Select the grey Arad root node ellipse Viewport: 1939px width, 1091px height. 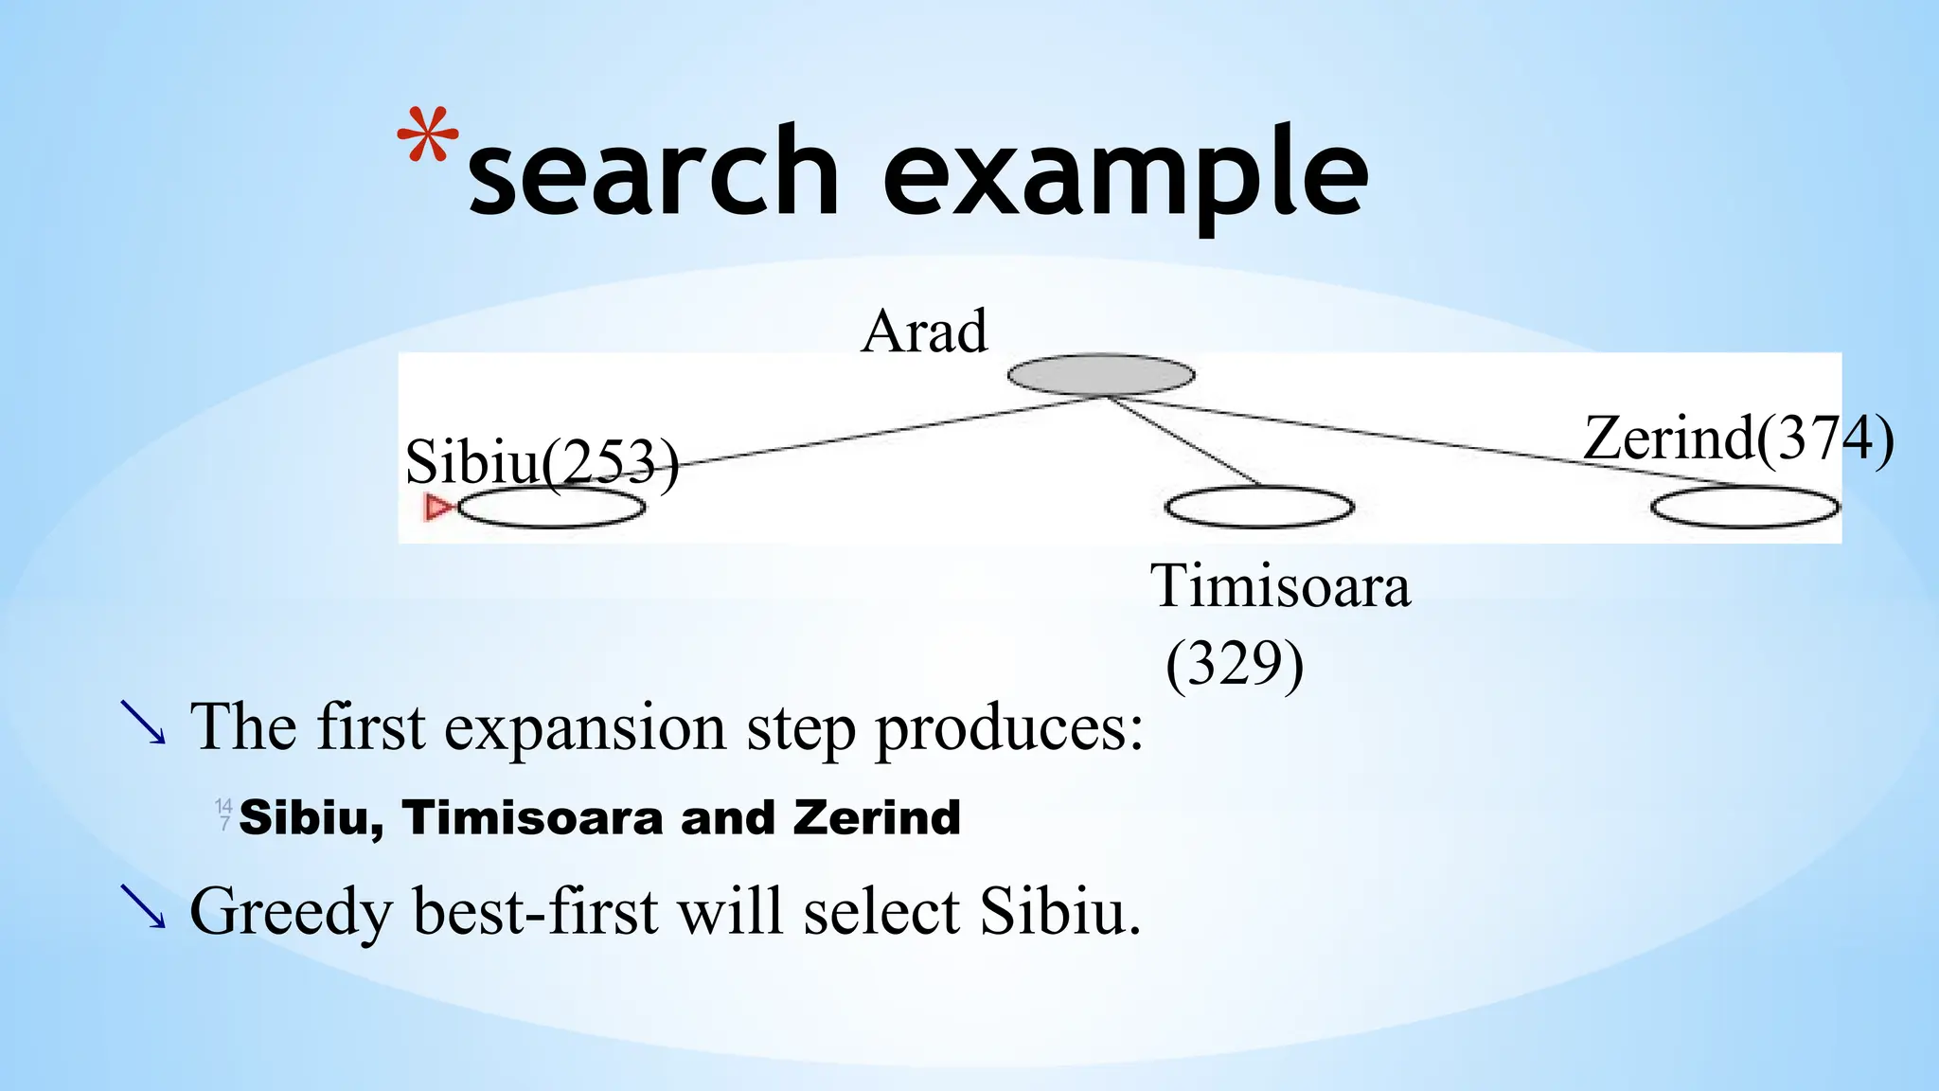coord(1100,375)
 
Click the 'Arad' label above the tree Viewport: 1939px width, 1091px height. coord(924,332)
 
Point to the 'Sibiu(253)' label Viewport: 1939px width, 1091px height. coord(542,462)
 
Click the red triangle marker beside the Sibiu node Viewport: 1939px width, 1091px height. coord(436,508)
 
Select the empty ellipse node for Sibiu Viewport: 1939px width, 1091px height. coord(551,508)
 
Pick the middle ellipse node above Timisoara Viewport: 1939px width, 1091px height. coord(1259,508)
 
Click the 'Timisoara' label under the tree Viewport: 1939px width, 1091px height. coord(1280,586)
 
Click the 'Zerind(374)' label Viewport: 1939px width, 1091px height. coord(1738,438)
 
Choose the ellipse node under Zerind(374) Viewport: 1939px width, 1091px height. coord(1745,508)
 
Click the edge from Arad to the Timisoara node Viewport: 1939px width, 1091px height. coord(1183,441)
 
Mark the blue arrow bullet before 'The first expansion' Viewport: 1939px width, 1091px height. coord(143,724)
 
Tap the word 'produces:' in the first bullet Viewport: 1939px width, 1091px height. coord(1009,729)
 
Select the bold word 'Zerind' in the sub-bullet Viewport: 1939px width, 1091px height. coord(877,817)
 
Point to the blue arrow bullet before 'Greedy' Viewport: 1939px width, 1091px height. coord(143,906)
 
